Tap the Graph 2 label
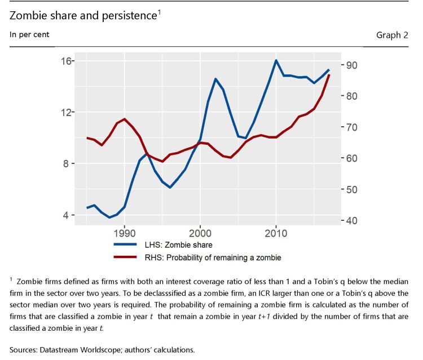point(392,35)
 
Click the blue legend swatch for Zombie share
point(125,245)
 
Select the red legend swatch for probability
point(125,257)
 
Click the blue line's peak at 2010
point(276,60)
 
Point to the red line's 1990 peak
point(124,119)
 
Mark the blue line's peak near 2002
point(215,79)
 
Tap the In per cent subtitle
point(29,35)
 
